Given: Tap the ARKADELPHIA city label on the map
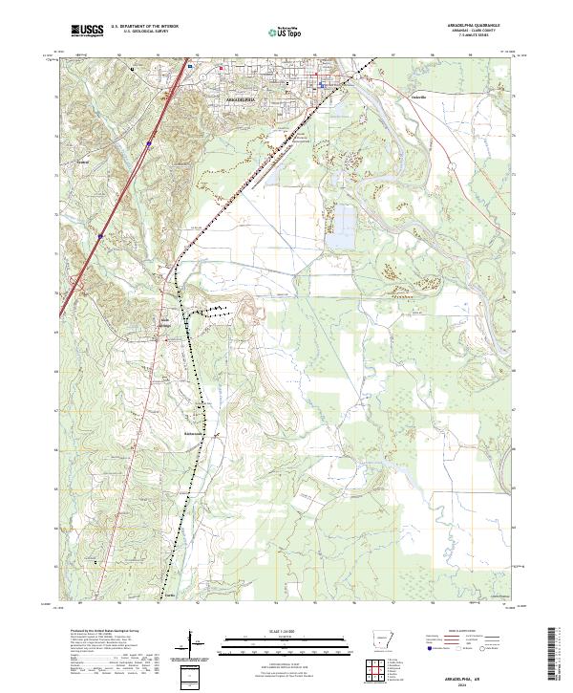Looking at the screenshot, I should pyautogui.click(x=243, y=97).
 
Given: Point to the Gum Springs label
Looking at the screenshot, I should pyautogui.click(x=166, y=320).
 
